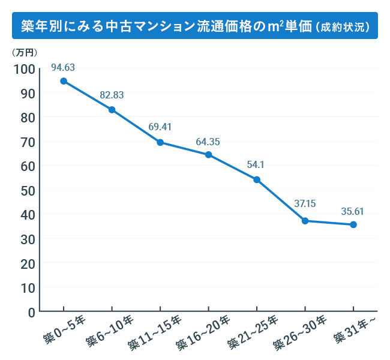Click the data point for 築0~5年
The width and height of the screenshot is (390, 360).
[x=63, y=81]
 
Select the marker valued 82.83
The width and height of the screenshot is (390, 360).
[x=112, y=110]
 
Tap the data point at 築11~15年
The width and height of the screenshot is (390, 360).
[x=160, y=142]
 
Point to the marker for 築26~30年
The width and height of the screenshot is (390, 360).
[x=305, y=221]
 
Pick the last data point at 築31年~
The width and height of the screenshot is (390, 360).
[x=353, y=224]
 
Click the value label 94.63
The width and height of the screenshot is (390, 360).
[x=63, y=67]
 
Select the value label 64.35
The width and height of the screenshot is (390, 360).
[x=208, y=142]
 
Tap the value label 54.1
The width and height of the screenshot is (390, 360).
[x=256, y=166]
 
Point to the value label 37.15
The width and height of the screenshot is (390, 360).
[x=305, y=204]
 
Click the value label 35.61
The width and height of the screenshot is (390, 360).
[x=353, y=211]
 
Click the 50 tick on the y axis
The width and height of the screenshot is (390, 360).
[x=27, y=190]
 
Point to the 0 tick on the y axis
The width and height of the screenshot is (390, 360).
[x=31, y=311]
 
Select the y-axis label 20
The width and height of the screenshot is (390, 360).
[x=27, y=263]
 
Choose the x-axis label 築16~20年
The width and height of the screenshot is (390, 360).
[x=203, y=334]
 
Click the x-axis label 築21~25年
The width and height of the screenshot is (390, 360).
[x=251, y=334]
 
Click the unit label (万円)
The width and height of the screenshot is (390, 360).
[x=24, y=53]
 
